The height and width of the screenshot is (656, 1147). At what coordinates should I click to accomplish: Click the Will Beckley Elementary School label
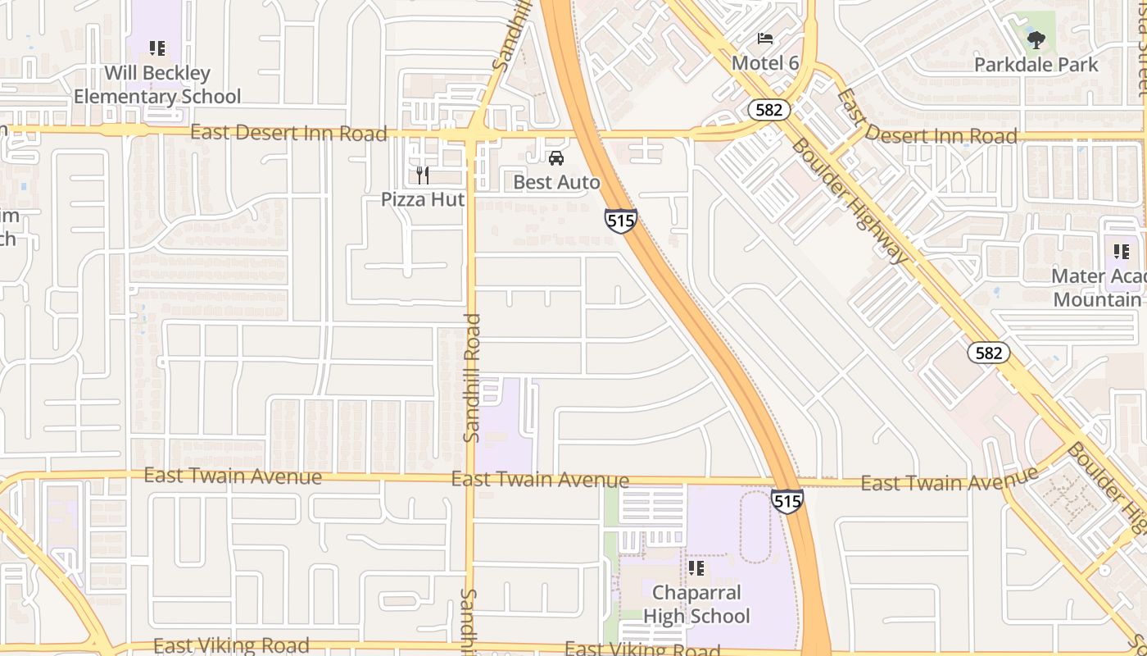click(157, 85)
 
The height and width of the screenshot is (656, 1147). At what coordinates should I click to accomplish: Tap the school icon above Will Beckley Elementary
click(157, 48)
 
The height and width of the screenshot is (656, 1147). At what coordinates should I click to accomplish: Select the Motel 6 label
click(765, 63)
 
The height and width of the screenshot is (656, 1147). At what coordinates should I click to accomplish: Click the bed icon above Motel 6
click(765, 39)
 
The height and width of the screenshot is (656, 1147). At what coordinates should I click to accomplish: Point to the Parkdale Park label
click(1036, 64)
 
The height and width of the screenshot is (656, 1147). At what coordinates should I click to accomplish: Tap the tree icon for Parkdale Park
click(1036, 39)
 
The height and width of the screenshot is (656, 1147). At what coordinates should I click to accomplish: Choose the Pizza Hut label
click(423, 199)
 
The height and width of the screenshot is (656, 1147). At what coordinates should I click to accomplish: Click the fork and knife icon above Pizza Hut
click(423, 175)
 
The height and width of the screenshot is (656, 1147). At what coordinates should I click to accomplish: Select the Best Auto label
click(557, 182)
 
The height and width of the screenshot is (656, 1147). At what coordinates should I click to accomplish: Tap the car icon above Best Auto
click(556, 158)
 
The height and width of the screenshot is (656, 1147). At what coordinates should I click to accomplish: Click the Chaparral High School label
click(696, 604)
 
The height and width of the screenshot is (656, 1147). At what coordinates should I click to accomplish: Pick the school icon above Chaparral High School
click(696, 567)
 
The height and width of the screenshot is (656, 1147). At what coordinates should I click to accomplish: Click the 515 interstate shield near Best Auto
click(621, 221)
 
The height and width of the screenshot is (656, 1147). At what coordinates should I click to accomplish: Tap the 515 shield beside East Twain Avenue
click(787, 500)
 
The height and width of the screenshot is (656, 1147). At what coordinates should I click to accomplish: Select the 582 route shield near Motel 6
click(768, 109)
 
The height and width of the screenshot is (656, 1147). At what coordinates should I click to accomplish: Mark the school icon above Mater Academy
click(1121, 251)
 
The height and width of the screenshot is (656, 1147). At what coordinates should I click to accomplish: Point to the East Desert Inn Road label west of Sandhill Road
click(288, 133)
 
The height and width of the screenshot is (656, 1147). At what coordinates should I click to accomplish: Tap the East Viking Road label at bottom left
click(231, 646)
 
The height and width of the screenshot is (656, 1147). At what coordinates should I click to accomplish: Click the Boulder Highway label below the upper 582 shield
click(851, 199)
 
